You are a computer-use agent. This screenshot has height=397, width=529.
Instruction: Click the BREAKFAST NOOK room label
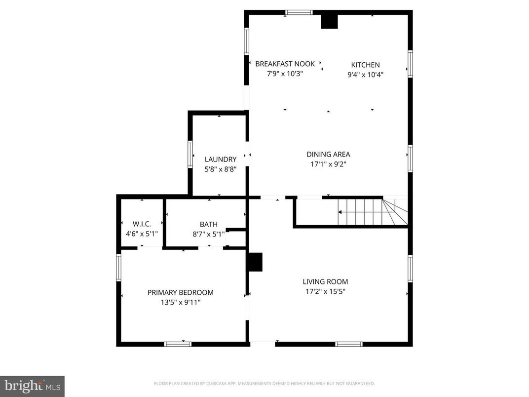(x=285, y=64)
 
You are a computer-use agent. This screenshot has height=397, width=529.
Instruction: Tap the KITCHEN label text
(x=365, y=65)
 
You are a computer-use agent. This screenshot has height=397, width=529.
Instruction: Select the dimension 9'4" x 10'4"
(x=365, y=75)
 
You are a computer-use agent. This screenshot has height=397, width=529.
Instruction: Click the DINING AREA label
(x=328, y=155)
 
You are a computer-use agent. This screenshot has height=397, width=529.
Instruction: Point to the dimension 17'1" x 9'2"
(x=328, y=164)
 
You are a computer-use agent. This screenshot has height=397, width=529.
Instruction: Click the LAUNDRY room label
(x=221, y=159)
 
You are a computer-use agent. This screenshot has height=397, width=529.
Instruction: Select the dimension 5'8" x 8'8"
(x=221, y=169)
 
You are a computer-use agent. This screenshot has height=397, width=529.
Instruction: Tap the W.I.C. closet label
(x=142, y=224)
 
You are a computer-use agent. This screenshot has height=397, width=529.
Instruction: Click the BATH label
(x=208, y=225)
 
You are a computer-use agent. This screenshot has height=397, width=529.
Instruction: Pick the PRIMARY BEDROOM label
(x=181, y=292)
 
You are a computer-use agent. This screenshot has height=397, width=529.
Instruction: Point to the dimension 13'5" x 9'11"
(x=181, y=302)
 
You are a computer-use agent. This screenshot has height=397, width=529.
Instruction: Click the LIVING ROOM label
(x=325, y=282)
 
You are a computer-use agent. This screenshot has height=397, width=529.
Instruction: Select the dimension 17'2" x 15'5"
(x=325, y=291)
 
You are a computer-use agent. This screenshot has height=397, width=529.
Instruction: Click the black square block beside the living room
(x=255, y=262)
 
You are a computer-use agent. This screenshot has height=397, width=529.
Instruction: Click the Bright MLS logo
(x=32, y=386)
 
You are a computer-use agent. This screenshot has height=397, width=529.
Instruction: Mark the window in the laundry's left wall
(x=190, y=154)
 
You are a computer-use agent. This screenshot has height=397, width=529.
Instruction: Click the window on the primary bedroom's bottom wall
(x=178, y=344)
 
